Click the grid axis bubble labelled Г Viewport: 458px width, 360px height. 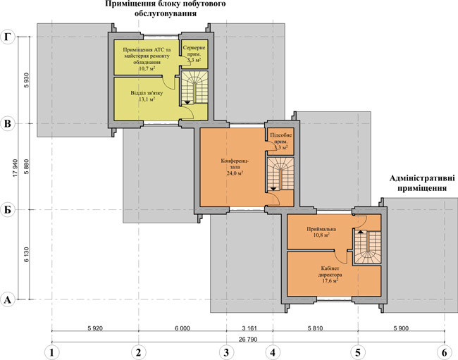point(8,37)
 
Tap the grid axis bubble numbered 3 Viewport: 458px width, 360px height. point(226,352)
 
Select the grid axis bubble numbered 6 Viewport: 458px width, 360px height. point(445,352)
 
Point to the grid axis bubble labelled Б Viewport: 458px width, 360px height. point(8,210)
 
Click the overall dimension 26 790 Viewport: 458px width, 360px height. point(248,340)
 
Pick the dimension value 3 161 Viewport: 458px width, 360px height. point(249,328)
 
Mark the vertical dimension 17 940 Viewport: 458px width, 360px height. point(16,168)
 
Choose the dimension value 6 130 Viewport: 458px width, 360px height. point(27,254)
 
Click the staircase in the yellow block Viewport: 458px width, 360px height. point(194,87)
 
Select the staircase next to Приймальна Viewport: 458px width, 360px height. point(368,247)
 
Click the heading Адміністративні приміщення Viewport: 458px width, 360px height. point(422,183)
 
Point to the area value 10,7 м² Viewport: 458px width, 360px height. point(147,68)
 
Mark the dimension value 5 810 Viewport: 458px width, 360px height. point(316,328)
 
